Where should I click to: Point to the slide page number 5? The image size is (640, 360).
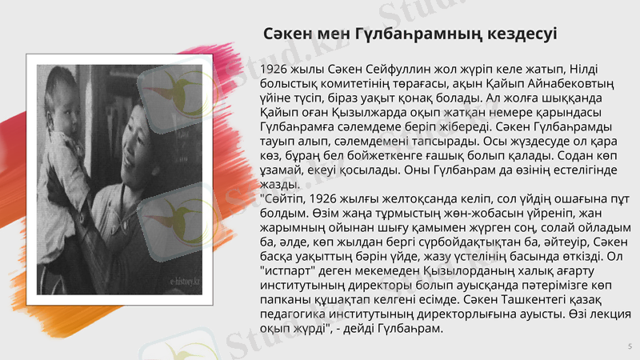click(x=629, y=346)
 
